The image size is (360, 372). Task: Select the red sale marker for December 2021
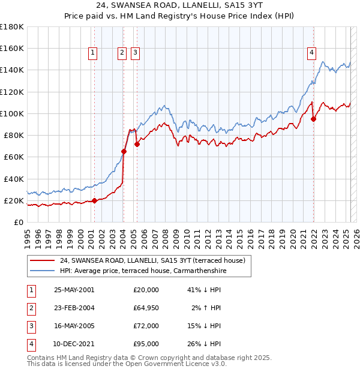tap(314, 119)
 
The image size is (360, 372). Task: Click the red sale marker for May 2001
tap(94, 200)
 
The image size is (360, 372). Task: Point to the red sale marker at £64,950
tap(124, 151)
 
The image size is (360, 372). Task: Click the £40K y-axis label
tap(13, 179)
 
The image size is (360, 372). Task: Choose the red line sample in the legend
tap(41, 261)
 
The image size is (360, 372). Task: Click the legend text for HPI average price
tap(143, 271)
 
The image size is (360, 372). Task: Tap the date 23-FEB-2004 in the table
tap(74, 308)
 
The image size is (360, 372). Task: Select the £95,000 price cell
tap(146, 344)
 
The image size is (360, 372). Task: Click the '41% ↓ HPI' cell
tap(205, 290)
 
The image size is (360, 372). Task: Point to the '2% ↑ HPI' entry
tap(206, 308)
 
